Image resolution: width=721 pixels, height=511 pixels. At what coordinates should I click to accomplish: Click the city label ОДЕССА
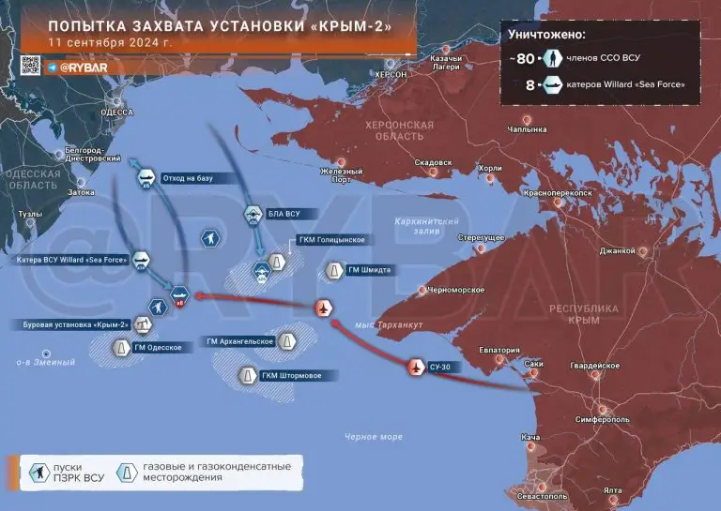[x=117, y=112]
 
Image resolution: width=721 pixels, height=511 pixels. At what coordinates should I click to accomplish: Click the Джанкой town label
[x=619, y=250]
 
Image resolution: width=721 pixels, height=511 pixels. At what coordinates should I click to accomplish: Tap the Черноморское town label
[x=456, y=291]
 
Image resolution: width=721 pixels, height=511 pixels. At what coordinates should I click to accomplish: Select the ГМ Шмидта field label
[x=369, y=270]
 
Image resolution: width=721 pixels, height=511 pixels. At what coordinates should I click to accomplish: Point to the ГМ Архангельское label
[x=241, y=341]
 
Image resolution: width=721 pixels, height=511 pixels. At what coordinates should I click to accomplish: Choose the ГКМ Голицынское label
[x=330, y=240]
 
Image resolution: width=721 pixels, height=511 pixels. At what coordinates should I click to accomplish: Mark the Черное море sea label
[x=373, y=437]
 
